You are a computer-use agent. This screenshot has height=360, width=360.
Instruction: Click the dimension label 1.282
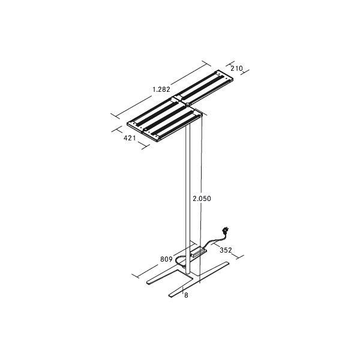click(x=161, y=89)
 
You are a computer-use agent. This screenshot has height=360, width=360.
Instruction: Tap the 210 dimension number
click(x=236, y=69)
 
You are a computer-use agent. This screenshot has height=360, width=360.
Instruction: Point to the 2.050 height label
click(x=202, y=199)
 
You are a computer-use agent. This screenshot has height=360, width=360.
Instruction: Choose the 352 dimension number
click(x=226, y=250)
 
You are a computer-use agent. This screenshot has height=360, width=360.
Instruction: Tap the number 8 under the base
click(x=187, y=295)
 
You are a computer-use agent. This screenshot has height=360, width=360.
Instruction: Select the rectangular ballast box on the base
click(x=198, y=252)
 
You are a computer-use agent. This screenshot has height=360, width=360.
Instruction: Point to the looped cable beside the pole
click(x=180, y=262)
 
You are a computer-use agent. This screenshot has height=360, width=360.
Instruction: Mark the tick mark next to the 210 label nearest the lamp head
click(x=228, y=64)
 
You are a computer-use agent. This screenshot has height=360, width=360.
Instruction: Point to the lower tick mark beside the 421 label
click(x=143, y=146)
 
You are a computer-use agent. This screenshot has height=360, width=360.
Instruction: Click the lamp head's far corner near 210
click(x=231, y=76)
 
